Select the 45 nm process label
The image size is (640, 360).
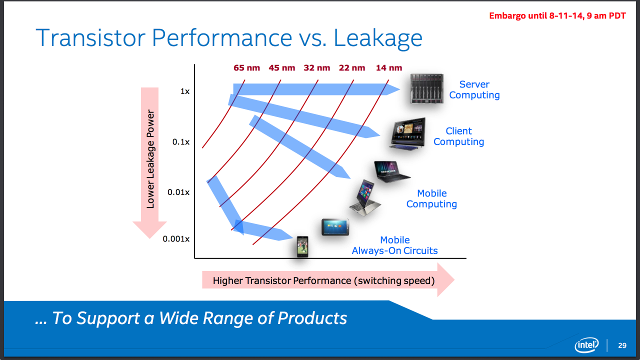281,68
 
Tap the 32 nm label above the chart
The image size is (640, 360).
317,68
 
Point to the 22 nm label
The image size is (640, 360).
352,68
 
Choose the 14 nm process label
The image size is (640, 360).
388,68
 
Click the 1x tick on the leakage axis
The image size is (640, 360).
184,91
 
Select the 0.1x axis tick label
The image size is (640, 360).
181,142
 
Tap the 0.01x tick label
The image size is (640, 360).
179,192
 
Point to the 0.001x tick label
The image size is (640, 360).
176,239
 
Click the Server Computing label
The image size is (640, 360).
474,90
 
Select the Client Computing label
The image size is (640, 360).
458,136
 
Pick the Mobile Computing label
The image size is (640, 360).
431,199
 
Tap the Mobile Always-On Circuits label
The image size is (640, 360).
394,245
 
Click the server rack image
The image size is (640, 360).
426,88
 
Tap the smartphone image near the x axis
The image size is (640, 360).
302,246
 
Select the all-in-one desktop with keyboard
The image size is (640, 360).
408,133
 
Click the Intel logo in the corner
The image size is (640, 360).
586,345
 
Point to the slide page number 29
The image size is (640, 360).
622,345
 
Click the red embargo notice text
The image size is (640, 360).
557,15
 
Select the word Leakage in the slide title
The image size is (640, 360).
378,38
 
